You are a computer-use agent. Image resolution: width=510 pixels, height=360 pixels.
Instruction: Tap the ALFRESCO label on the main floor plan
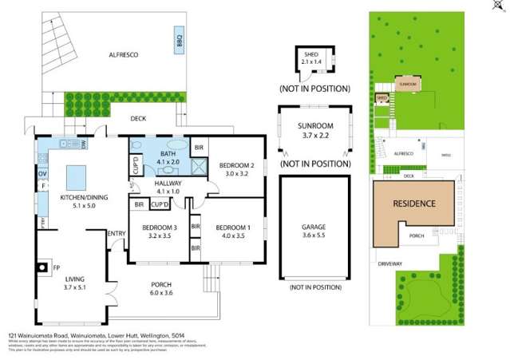(x=125, y=54)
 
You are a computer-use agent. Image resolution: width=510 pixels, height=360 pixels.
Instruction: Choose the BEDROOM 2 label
(x=238, y=168)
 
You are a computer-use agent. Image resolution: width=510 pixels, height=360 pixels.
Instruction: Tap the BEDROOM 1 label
(x=233, y=231)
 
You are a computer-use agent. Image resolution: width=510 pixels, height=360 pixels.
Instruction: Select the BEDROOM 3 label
(x=157, y=231)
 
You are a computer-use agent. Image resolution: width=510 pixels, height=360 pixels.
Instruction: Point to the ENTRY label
(x=117, y=233)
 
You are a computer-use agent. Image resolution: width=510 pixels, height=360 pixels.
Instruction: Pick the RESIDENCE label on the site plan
(x=414, y=204)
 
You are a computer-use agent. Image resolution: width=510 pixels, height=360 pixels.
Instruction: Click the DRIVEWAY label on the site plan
(x=390, y=263)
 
